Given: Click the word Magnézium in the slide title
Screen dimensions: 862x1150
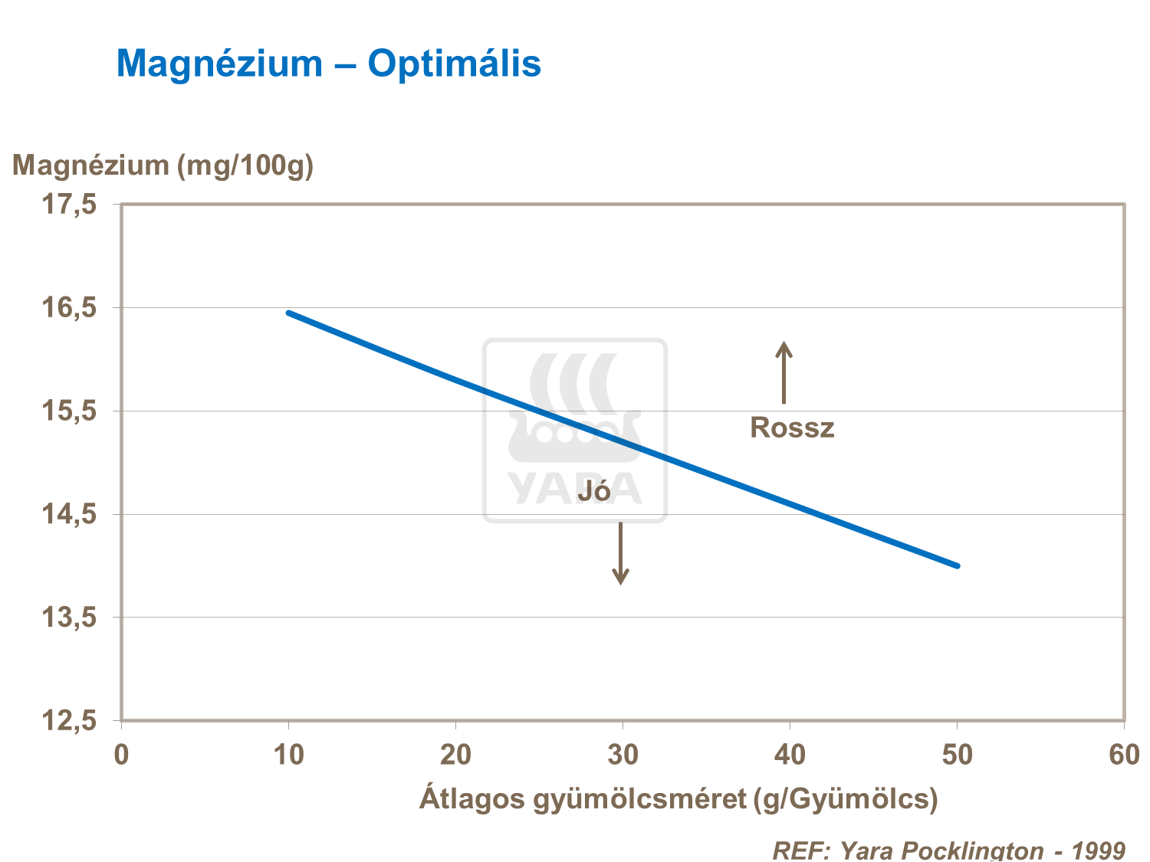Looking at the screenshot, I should tap(219, 64).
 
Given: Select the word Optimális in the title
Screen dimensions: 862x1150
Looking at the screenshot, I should tap(454, 64).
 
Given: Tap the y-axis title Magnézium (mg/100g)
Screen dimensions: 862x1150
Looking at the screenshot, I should tap(163, 166).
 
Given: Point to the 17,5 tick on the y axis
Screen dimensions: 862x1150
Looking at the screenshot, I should tap(69, 205).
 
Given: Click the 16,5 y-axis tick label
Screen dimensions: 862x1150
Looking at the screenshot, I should tap(69, 308).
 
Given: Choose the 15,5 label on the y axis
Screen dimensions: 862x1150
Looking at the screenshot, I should tap(69, 411).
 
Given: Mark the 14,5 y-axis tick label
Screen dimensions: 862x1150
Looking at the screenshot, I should tap(69, 514).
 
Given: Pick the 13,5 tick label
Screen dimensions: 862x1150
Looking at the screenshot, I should tap(69, 618).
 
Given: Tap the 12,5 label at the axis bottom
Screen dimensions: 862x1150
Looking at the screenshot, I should tap(69, 721).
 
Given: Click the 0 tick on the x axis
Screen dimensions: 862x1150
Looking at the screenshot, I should tap(121, 755).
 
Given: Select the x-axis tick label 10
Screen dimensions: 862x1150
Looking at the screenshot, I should tap(288, 755).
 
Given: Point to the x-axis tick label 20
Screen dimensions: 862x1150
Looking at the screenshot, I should tap(455, 755).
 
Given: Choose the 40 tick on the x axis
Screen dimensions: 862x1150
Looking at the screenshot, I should tap(790, 755).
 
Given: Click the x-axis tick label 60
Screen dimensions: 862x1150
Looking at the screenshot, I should tap(1124, 755).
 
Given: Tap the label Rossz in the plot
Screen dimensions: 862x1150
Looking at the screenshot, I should tap(792, 428).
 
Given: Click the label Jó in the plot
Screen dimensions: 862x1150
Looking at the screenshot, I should tap(594, 491).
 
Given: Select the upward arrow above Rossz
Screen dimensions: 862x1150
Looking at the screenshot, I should tap(784, 372).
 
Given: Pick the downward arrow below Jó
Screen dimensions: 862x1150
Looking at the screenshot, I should tap(621, 553).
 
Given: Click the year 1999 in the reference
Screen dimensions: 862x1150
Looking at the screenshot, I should tap(1098, 851).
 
